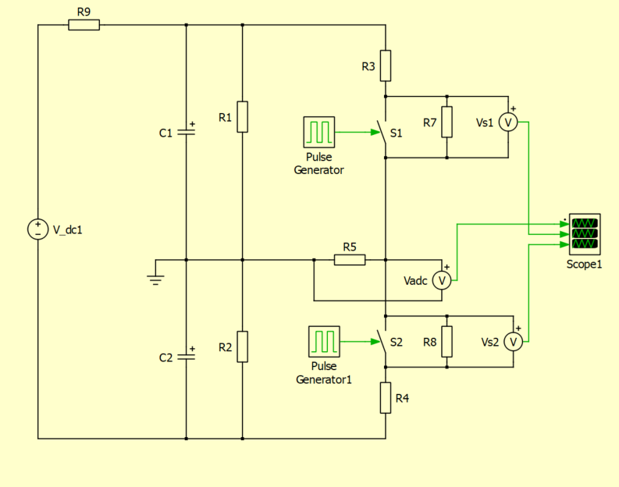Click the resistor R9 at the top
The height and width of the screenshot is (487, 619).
84,25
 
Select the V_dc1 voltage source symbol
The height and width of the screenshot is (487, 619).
37,229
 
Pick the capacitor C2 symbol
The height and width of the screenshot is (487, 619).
186,357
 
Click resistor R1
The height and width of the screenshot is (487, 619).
243,117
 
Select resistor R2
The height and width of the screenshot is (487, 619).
243,347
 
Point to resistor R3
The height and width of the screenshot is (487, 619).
386,66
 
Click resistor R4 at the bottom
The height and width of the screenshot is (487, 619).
386,397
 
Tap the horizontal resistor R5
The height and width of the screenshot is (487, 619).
350,259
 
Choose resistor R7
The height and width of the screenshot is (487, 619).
446,122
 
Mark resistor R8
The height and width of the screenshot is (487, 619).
446,342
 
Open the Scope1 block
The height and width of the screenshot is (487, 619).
584,233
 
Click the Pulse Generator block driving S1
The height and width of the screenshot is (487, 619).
319,133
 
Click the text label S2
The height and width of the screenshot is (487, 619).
397,342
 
